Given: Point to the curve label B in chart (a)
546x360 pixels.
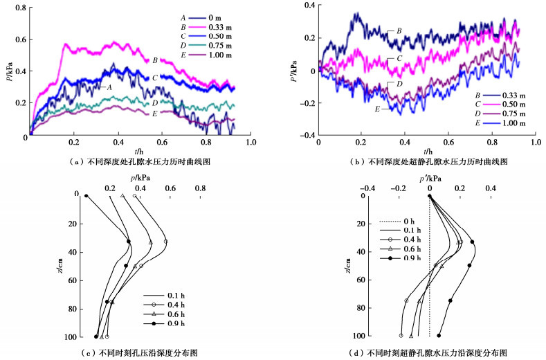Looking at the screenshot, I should pyautogui.click(x=155, y=60).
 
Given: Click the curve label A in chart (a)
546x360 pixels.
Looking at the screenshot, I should pyautogui.click(x=109, y=87).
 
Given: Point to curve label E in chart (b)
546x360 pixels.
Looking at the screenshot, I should pyautogui.click(x=377, y=109).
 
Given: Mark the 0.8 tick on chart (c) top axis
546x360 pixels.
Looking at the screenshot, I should pyautogui.click(x=200, y=188).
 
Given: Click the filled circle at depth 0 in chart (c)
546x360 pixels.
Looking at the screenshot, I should pyautogui.click(x=87, y=196).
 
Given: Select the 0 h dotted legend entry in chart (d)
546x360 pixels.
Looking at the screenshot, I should pyautogui.click(x=398, y=222).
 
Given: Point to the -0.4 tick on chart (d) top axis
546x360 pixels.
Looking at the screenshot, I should pyautogui.click(x=368, y=188).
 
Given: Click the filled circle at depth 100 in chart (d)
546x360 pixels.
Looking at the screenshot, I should pyautogui.click(x=439, y=336).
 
